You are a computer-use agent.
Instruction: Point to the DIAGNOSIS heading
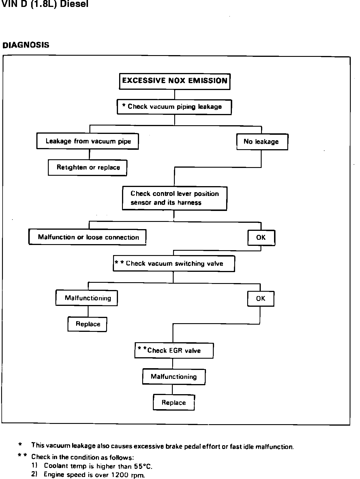click(26, 45)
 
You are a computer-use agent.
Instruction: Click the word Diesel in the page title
click(74, 4)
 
